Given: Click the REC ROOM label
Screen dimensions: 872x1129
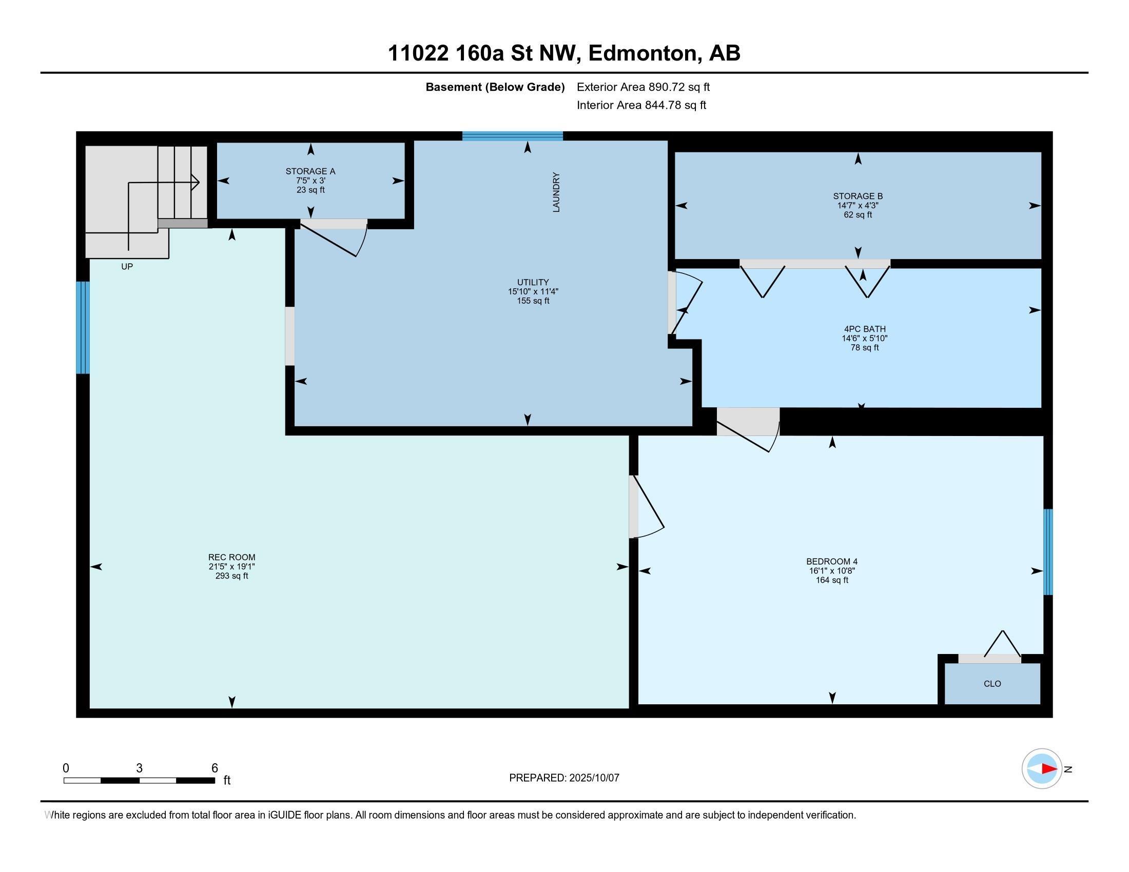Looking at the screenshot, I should tap(231, 557).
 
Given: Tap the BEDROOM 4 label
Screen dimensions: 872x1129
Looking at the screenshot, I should tap(832, 561).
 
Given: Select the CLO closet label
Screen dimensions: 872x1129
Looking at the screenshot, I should tap(992, 683).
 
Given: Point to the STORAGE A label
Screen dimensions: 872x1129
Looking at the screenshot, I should tap(310, 171).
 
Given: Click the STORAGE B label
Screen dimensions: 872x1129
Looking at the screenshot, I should tap(858, 196).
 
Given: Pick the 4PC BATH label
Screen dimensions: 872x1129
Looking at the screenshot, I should tap(864, 329).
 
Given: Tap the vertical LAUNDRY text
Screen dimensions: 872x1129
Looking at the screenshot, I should tap(556, 192).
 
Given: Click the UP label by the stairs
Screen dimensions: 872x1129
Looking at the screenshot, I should tap(127, 267).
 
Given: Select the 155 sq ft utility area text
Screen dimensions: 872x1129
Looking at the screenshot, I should tap(533, 301).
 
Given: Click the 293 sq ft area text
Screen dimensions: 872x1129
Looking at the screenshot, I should tap(231, 576).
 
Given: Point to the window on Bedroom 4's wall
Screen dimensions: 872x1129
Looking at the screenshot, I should tap(1048, 552).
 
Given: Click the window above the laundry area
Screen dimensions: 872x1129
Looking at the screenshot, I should tap(512, 136).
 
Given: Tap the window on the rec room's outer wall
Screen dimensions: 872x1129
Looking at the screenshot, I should tap(83, 327).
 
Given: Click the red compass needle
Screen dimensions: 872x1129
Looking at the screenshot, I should tap(1049, 769).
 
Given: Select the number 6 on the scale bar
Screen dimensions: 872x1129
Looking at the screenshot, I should tap(215, 768).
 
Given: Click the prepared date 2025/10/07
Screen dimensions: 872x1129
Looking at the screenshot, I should tap(593, 778).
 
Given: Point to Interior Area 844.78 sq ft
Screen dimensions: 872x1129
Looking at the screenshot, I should tap(641, 105).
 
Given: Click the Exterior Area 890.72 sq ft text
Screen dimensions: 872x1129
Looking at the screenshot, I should tap(643, 87).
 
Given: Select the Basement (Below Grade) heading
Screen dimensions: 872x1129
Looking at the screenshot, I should tap(495, 87).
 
